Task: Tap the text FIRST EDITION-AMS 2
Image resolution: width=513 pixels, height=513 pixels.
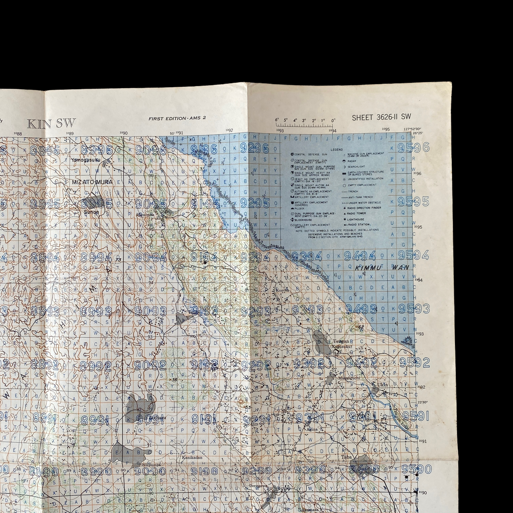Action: point(177,118)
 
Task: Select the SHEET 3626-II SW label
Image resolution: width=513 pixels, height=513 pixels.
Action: point(381,117)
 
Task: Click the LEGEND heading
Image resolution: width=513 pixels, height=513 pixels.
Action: point(336,149)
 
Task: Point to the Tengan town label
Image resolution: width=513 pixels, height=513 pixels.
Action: point(341,341)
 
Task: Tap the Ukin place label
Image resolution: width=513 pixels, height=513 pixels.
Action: point(382,385)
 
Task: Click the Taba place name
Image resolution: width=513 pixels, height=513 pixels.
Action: point(346,457)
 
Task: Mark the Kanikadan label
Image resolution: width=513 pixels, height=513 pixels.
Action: point(192,457)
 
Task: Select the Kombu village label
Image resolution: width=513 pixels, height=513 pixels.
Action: point(282,290)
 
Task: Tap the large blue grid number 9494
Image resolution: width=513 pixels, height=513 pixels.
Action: point(360,256)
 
